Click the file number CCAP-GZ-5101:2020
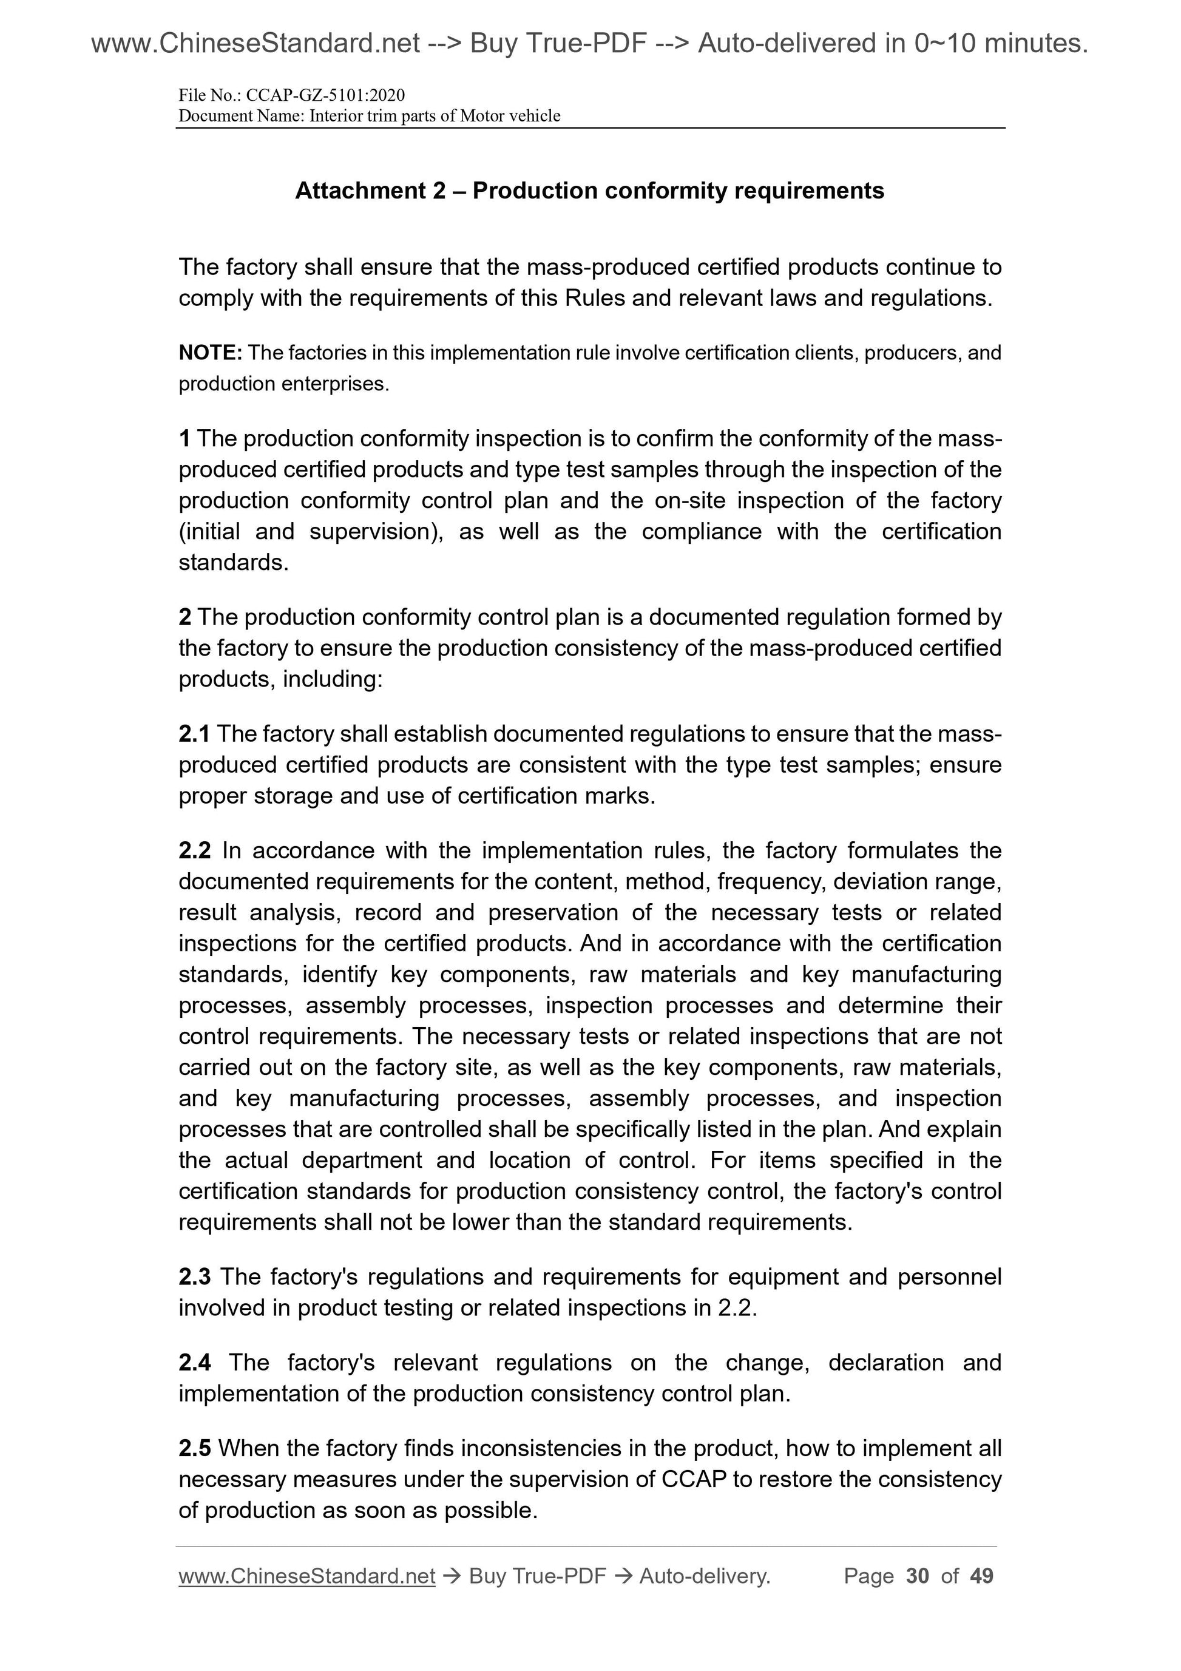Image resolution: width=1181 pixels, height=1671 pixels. (x=325, y=95)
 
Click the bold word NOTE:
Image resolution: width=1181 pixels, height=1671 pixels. (x=211, y=353)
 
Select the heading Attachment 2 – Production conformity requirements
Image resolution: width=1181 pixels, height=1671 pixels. (x=589, y=191)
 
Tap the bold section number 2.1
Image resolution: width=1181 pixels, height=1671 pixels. (x=194, y=734)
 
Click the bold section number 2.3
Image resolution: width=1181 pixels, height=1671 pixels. (x=194, y=1276)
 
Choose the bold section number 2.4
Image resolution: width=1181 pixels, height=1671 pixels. (x=194, y=1363)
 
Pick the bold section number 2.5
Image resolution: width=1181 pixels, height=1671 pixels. (x=194, y=1448)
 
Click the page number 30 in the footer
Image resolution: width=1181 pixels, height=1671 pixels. (x=918, y=1576)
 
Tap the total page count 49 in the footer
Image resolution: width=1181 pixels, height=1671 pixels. (x=981, y=1576)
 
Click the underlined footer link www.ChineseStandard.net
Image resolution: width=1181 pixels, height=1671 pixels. (x=306, y=1576)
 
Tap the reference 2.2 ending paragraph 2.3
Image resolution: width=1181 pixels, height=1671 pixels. (x=736, y=1308)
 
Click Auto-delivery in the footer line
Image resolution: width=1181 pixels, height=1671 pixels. (x=705, y=1576)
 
